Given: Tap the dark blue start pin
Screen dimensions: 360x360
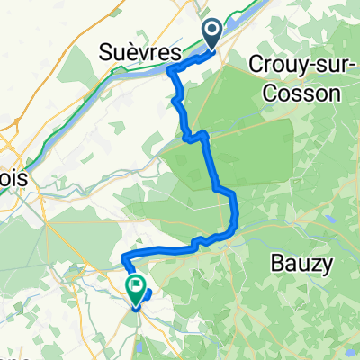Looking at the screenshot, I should pyautogui.click(x=213, y=34).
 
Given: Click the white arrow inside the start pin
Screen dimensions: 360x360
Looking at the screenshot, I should pyautogui.click(x=213, y=32).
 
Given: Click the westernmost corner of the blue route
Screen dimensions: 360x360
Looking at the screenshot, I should pyautogui.click(x=122, y=261).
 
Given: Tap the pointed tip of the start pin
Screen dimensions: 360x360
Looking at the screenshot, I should pyautogui.click(x=213, y=49).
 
